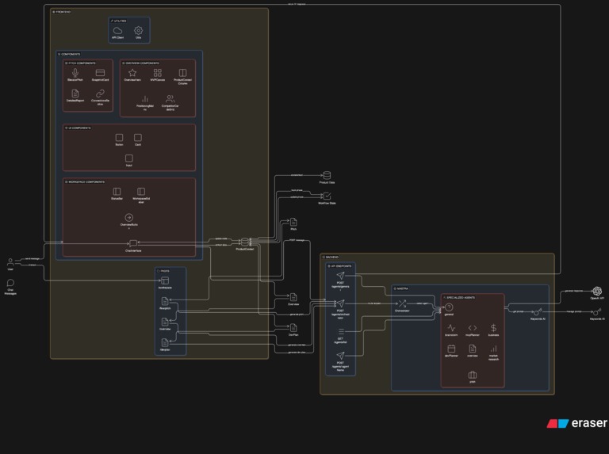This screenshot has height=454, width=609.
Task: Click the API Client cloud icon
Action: click(118, 30)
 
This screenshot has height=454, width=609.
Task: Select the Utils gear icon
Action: click(138, 30)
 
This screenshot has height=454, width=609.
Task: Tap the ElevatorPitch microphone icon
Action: click(75, 73)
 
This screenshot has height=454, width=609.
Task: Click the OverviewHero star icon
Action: click(132, 73)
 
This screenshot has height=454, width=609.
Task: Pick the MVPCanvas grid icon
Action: click(157, 73)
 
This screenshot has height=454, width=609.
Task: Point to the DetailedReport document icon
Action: click(75, 93)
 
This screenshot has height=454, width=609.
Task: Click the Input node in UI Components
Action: click(128, 158)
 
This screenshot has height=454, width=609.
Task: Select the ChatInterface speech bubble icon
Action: click(132, 242)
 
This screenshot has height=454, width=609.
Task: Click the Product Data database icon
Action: click(326, 175)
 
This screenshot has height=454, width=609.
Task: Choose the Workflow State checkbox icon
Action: click(326, 196)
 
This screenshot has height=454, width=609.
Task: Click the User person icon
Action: click(10, 261)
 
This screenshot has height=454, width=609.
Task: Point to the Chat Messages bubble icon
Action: click(10, 283)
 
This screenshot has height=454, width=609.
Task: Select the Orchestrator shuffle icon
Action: click(402, 303)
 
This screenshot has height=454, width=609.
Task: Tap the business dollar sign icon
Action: click(493, 328)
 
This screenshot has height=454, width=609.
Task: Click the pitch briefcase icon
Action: click(473, 375)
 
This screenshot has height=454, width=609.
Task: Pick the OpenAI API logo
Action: click(596, 291)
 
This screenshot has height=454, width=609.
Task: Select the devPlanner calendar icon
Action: click(451, 348)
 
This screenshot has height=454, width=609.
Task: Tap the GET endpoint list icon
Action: click(340, 331)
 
